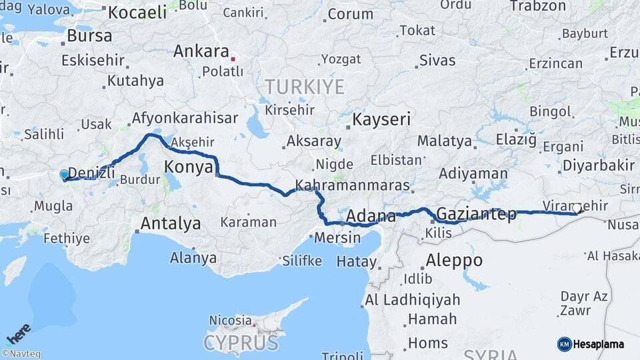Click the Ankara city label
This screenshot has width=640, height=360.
201,51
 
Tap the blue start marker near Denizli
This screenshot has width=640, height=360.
64,175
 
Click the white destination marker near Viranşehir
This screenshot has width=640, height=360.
577,209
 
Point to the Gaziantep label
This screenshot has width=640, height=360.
476,215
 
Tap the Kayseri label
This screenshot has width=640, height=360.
381,120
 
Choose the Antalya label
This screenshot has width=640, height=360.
171,223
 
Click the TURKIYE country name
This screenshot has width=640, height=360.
305,87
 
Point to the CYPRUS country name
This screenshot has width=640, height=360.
241,343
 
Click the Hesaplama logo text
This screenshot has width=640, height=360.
598,344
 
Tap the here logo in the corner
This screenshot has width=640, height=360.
19,333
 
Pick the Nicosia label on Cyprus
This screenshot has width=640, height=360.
230,320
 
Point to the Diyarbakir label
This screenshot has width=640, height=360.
598,165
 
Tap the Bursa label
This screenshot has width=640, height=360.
89,36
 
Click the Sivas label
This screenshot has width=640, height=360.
437,61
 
